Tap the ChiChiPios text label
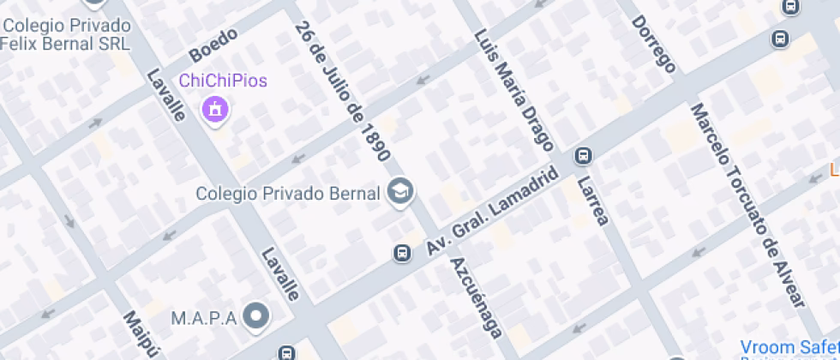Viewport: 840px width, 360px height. [222, 81]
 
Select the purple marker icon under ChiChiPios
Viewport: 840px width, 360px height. [214, 110]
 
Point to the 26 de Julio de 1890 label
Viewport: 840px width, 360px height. [342, 91]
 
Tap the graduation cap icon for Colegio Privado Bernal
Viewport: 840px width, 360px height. [400, 192]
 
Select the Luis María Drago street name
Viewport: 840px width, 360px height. [513, 92]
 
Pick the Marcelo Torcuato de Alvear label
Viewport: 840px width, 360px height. [747, 206]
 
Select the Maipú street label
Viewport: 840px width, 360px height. [141, 334]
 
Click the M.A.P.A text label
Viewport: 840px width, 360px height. [203, 318]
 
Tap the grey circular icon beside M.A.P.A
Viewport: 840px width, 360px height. [255, 318]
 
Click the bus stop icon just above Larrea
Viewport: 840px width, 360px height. [584, 155]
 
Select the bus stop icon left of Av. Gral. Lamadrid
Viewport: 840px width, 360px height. [401, 253]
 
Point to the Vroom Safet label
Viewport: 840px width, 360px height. [789, 346]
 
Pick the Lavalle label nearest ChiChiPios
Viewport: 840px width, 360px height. [166, 94]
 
